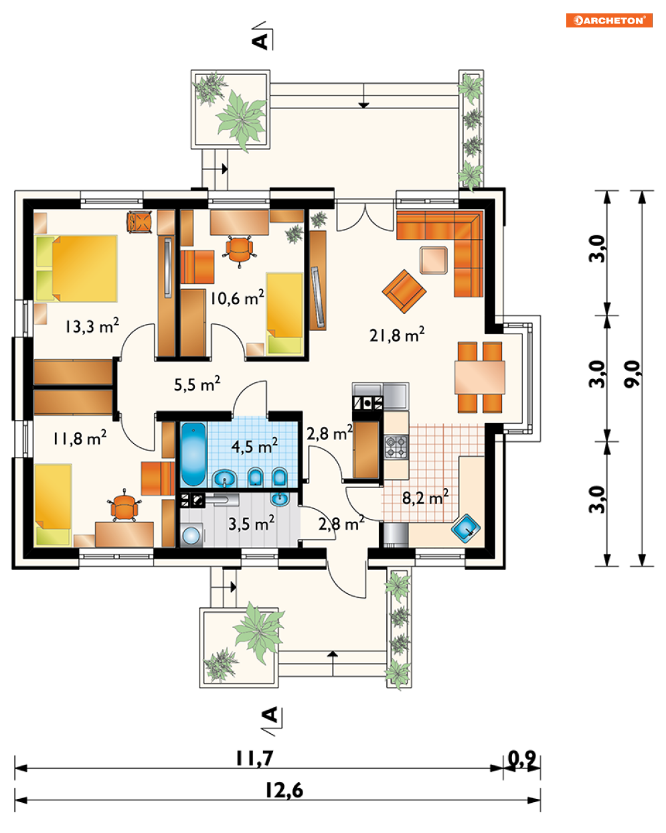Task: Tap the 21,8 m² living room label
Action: [397, 334]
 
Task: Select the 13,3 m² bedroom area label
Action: [92, 325]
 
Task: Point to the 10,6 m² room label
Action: [237, 297]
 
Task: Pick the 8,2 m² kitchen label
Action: [425, 497]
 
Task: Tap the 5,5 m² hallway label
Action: [197, 384]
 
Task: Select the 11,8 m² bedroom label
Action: [80, 438]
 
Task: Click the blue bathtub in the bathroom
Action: [193, 453]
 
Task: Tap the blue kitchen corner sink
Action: [466, 528]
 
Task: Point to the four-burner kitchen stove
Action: [396, 447]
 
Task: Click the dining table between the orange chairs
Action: [480, 378]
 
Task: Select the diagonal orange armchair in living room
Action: [404, 291]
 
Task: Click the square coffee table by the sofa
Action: [434, 260]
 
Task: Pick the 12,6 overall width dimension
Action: [284, 790]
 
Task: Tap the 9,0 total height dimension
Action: [633, 374]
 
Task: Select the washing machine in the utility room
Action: [191, 535]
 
